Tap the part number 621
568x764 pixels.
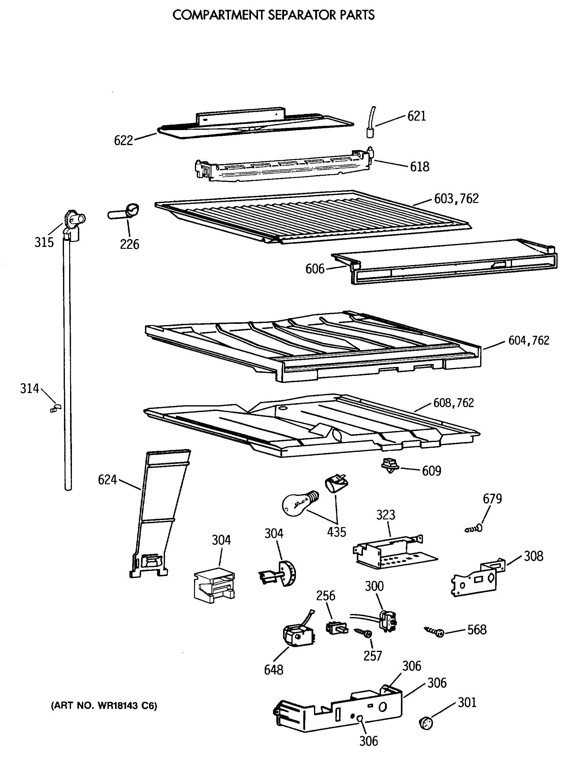417,116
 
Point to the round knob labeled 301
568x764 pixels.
426,723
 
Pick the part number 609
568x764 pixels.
432,471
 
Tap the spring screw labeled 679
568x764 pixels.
474,529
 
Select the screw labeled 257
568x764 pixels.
363,632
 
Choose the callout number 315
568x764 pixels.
44,242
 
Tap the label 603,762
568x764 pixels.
456,199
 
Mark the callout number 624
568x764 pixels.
107,480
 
